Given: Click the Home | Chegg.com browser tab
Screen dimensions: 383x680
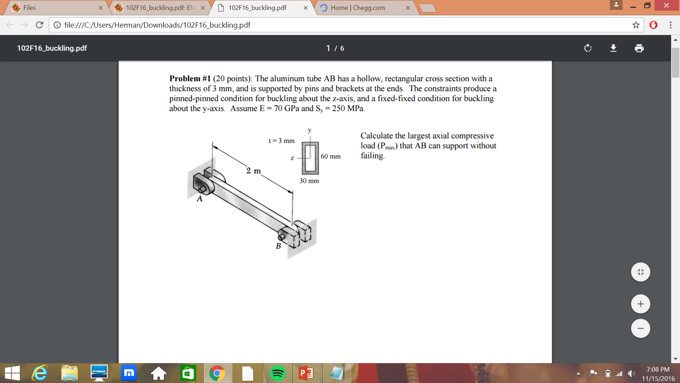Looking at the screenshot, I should pyautogui.click(x=358, y=8).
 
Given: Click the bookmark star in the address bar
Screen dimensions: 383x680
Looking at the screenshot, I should pyautogui.click(x=635, y=25).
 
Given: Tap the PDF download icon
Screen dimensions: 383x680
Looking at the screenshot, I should pyautogui.click(x=613, y=48).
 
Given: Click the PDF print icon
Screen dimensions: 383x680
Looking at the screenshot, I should pyautogui.click(x=639, y=48).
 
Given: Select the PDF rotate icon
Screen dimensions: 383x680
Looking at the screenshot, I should pyautogui.click(x=588, y=48).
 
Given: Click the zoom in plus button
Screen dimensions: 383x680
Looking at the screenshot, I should pyautogui.click(x=640, y=304).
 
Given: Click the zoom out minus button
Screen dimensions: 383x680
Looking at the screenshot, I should pyautogui.click(x=640, y=328).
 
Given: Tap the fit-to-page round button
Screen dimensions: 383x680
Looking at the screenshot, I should pyautogui.click(x=640, y=272).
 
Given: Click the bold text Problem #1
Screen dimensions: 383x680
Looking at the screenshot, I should pyautogui.click(x=190, y=79).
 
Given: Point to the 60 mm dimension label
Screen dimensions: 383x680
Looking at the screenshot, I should pyautogui.click(x=330, y=156).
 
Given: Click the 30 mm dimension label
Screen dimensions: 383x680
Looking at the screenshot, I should pyautogui.click(x=309, y=181).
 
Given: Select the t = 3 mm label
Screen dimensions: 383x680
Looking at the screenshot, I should pyautogui.click(x=282, y=141).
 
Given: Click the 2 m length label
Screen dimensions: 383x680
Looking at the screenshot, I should pyautogui.click(x=254, y=171).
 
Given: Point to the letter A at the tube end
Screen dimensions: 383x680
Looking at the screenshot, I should pyautogui.click(x=199, y=199).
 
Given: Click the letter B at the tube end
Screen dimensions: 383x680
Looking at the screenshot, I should pyautogui.click(x=278, y=246).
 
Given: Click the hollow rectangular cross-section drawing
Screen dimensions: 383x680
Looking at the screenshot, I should pyautogui.click(x=310, y=158).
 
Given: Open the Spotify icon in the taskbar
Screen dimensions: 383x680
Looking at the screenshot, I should pyautogui.click(x=278, y=373).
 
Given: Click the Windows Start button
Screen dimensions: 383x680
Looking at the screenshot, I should pyautogui.click(x=12, y=373).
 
